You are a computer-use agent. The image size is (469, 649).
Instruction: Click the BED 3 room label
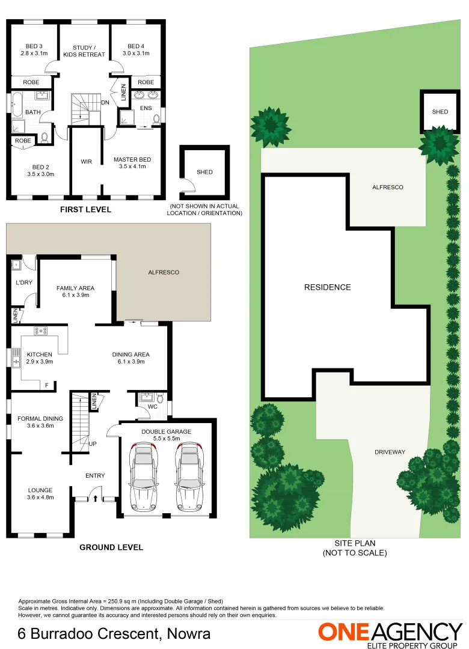pos(34,46)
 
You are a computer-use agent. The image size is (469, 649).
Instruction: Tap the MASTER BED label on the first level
pos(132,159)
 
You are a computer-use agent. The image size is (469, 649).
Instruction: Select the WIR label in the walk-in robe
pos(85,162)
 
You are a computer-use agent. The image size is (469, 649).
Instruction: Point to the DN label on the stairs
pos(105,103)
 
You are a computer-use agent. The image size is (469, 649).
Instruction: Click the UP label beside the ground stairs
pos(93,444)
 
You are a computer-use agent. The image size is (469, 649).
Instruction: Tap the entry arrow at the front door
pos(94,497)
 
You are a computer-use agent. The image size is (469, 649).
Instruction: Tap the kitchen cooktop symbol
pos(41,330)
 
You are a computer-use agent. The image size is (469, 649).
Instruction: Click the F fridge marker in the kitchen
pos(46,385)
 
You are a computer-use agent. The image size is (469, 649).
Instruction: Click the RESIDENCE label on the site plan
pos(327,287)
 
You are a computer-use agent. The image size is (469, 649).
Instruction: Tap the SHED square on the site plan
pos(440,112)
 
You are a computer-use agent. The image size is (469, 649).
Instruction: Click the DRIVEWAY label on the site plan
pos(390,452)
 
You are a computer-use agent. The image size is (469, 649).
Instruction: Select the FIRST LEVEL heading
pos(85,210)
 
